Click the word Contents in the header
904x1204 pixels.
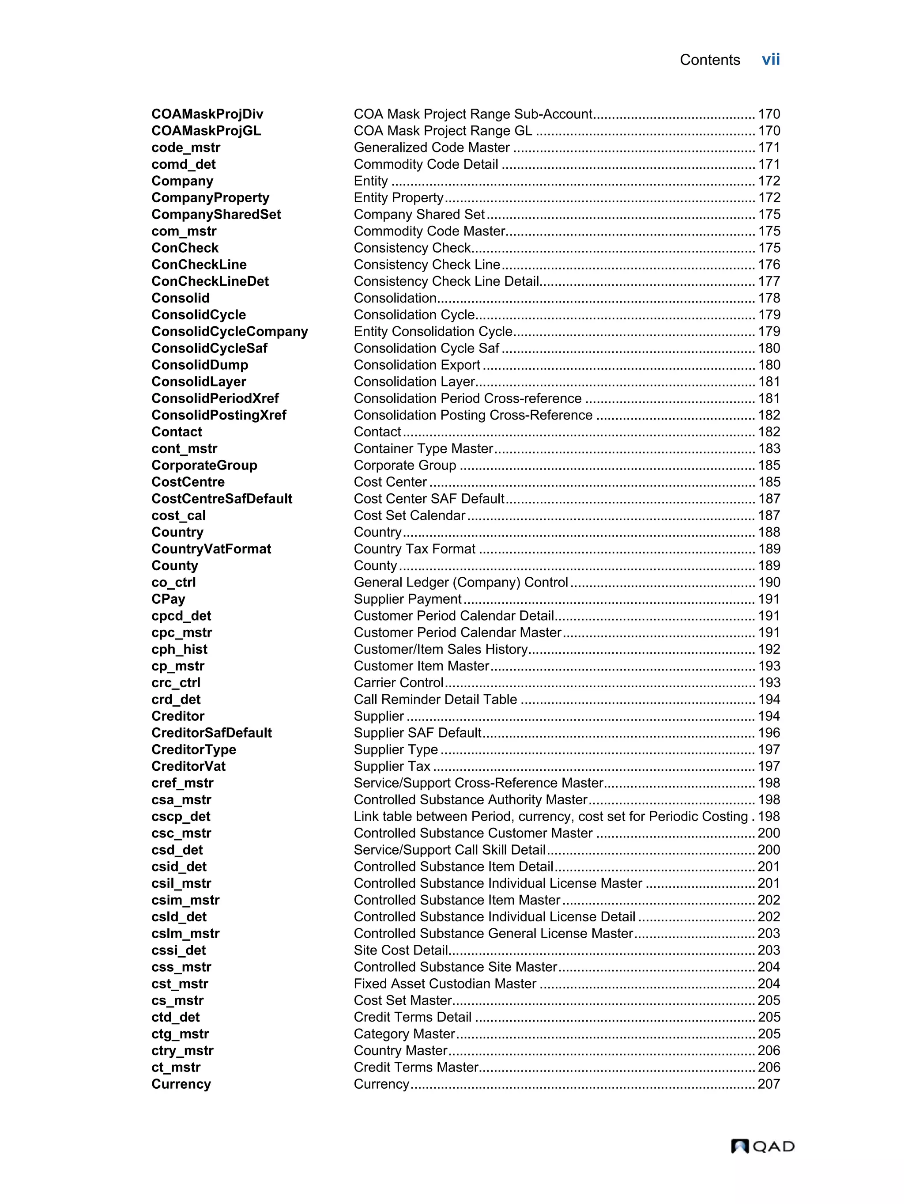pyautogui.click(x=709, y=60)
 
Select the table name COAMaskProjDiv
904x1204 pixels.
pyautogui.click(x=207, y=114)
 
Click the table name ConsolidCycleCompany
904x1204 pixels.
pyautogui.click(x=230, y=332)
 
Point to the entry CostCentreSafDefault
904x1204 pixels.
pyautogui.click(x=222, y=499)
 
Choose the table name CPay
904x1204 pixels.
pyautogui.click(x=168, y=599)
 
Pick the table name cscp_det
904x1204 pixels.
pyautogui.click(x=181, y=817)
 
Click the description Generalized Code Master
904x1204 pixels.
pyautogui.click(x=431, y=148)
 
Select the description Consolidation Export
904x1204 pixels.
pyautogui.click(x=417, y=365)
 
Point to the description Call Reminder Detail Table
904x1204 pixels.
pyautogui.click(x=435, y=700)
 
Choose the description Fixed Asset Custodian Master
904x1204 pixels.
pyautogui.click(x=445, y=984)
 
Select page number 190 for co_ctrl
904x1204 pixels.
pyautogui.click(x=768, y=583)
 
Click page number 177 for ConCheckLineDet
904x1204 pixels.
pyautogui.click(x=768, y=281)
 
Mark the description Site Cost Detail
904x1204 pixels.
pyautogui.click(x=401, y=950)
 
